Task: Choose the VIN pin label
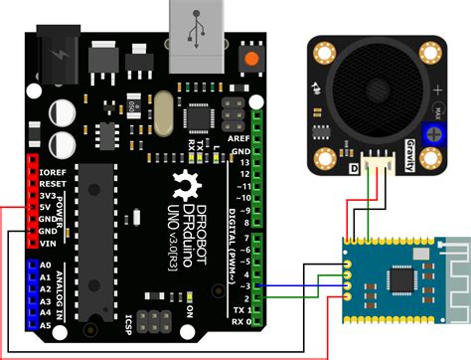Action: [x=48, y=242]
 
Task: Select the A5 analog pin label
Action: [x=46, y=324]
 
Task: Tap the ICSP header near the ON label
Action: [x=156, y=323]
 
